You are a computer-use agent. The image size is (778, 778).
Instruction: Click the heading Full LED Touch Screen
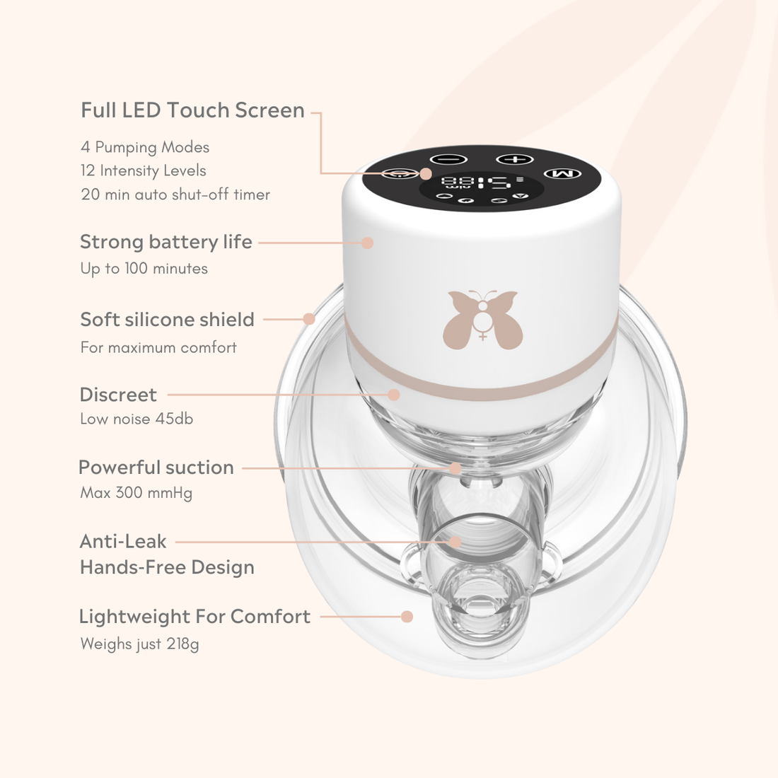192,110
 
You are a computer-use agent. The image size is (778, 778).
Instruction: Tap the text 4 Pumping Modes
145,147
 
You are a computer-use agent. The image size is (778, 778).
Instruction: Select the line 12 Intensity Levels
144,170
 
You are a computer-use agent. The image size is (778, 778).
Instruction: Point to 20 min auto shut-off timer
175,194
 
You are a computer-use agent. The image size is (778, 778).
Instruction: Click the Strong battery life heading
166,243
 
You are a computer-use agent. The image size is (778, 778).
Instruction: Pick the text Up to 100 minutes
144,269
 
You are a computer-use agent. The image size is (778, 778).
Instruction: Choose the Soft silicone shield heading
167,320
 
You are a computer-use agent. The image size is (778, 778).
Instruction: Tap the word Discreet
118,395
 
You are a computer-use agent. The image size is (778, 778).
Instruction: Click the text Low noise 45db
137,419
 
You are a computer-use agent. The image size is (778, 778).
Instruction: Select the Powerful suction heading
156,468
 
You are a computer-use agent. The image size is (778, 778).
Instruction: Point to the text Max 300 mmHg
137,493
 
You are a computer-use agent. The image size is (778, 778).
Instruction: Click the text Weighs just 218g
139,644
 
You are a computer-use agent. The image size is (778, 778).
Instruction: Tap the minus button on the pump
448,159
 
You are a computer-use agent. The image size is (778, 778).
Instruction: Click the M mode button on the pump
562,174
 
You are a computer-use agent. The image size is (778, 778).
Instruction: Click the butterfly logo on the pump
482,318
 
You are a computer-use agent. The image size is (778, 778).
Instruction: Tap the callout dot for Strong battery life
367,243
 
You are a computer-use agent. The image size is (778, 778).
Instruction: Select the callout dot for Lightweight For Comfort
407,617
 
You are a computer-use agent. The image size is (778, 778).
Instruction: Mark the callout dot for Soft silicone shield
309,319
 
